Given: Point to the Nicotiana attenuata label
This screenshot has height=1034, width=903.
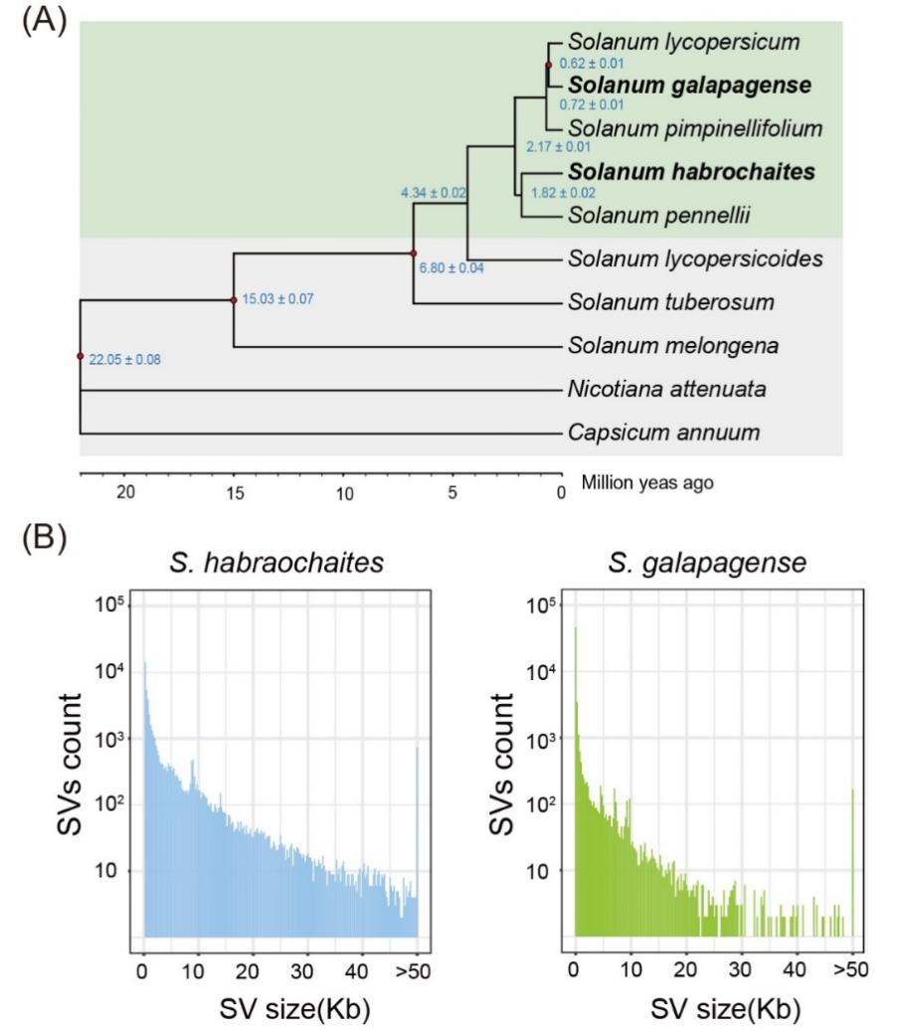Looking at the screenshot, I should (666, 389).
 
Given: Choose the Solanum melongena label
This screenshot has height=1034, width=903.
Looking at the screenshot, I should (659, 346).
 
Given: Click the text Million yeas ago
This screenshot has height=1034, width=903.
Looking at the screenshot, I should (647, 481).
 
